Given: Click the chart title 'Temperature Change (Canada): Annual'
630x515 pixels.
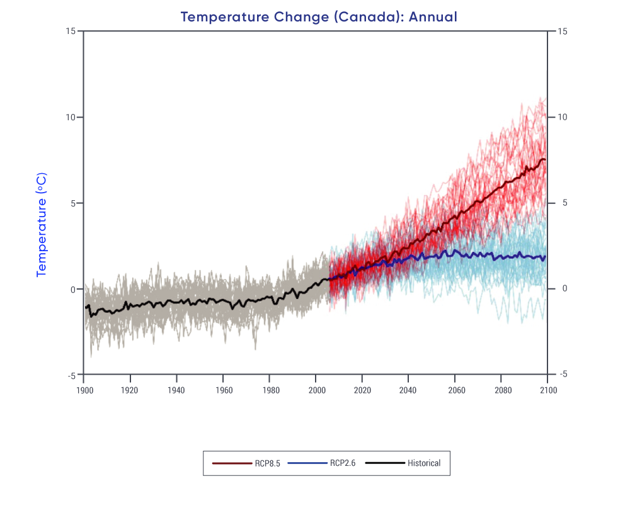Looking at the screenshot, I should (x=319, y=17).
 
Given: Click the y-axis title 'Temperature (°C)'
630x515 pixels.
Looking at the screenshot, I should (x=42, y=225).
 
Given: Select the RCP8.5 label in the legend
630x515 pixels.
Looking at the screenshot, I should (x=268, y=463).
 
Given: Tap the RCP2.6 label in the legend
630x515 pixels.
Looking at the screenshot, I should (x=343, y=463).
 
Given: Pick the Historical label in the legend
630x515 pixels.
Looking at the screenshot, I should (x=424, y=463).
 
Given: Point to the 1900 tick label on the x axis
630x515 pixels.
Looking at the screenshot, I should (x=84, y=390).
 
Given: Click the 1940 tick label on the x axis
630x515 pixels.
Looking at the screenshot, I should (x=176, y=390).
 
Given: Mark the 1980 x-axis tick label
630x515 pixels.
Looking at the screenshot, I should (x=270, y=390).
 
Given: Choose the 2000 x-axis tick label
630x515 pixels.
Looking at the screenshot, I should (x=316, y=390).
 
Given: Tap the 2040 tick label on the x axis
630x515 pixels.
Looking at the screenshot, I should (x=408, y=390).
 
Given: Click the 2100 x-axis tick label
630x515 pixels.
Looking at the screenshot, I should (x=547, y=390).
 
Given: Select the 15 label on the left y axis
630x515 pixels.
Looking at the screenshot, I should (x=71, y=31).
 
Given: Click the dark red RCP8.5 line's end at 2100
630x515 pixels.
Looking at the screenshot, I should (x=545, y=160).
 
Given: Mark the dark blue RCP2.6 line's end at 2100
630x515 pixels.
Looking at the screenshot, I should (x=545, y=257).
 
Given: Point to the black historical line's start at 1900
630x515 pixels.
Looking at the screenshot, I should (x=86, y=308).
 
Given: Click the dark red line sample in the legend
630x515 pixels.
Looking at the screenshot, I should (x=232, y=463).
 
